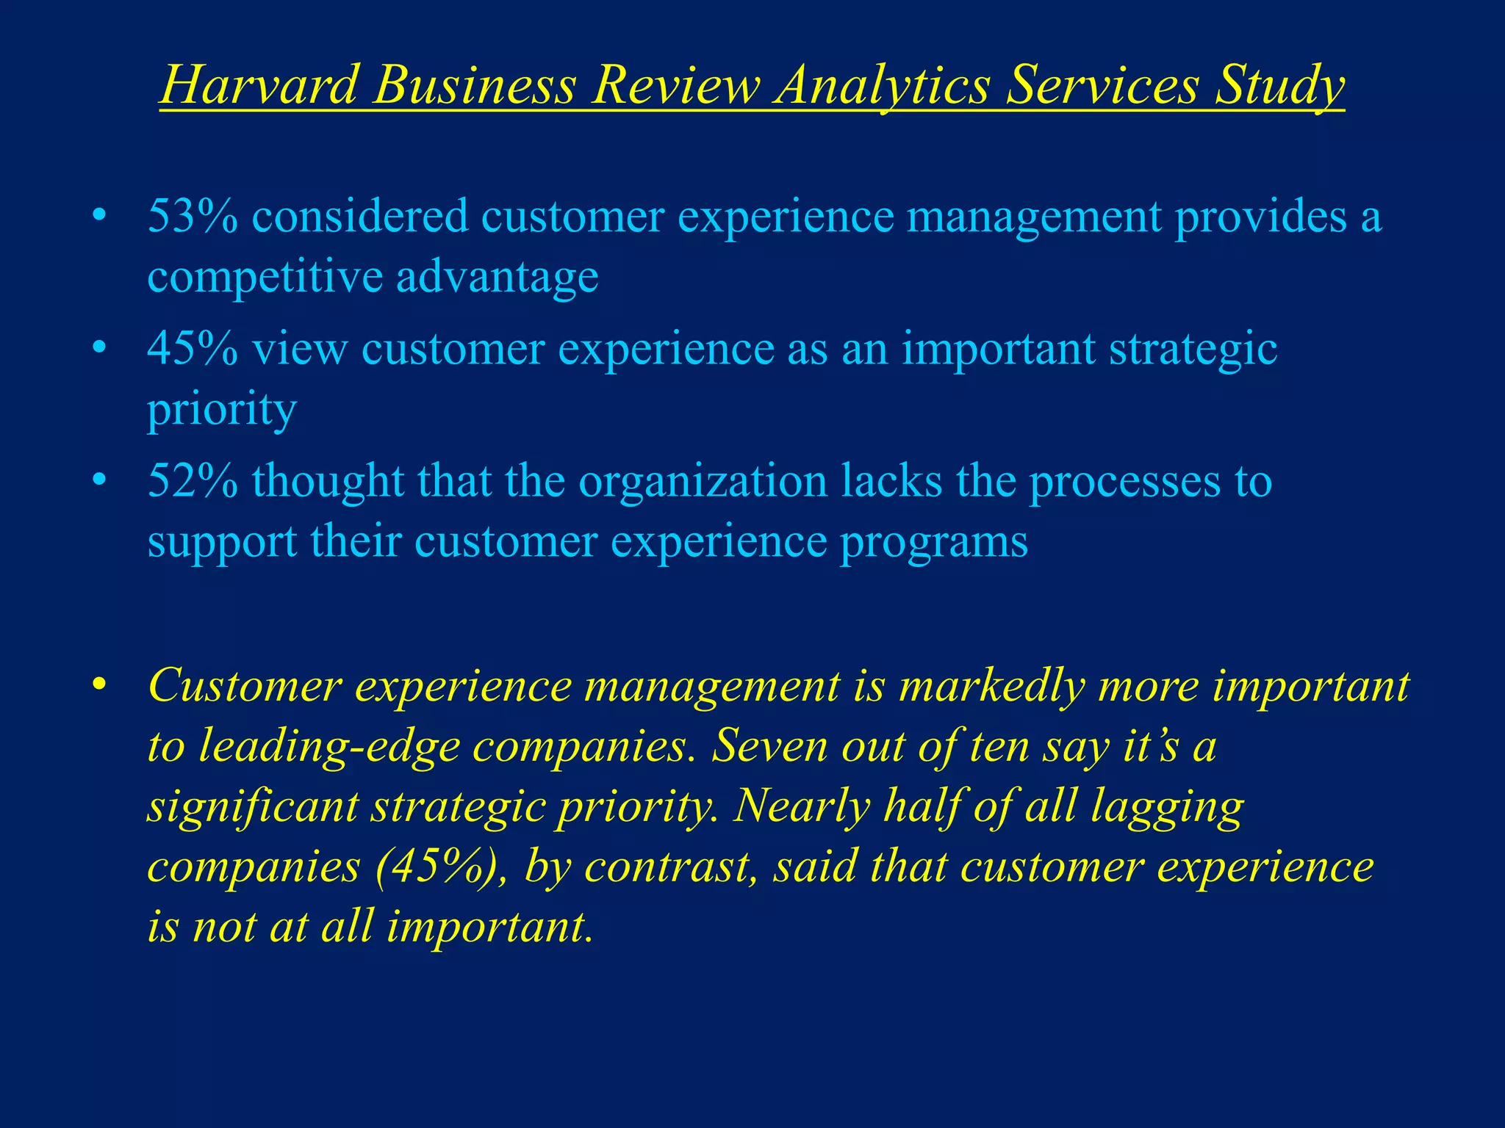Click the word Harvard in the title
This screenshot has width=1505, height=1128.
point(259,85)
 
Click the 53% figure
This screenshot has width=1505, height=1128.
point(193,217)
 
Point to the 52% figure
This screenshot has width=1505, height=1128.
point(193,482)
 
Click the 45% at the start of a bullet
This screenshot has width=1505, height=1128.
point(193,349)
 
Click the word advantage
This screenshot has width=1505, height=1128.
point(498,278)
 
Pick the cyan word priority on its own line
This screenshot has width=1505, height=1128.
point(222,410)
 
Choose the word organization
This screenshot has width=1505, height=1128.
point(703,482)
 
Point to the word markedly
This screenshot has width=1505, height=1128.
point(992,687)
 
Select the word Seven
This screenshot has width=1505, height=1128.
point(769,746)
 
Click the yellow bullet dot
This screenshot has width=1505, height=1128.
point(100,685)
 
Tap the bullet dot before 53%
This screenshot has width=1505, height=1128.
point(100,217)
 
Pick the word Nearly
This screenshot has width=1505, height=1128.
point(802,807)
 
